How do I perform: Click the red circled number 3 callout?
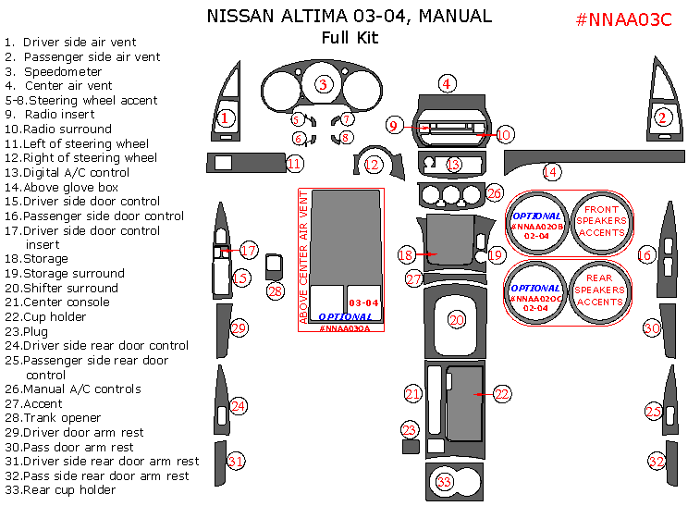[322, 84]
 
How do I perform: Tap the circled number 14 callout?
[551, 171]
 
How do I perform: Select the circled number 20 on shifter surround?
[457, 320]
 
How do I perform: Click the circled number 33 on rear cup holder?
[445, 482]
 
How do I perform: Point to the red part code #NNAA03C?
[622, 19]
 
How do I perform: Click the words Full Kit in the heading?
[350, 38]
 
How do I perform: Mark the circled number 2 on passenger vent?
[662, 117]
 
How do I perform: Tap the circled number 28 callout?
[276, 290]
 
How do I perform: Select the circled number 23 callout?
[410, 429]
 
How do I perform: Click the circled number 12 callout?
[373, 165]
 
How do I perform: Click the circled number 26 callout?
[495, 193]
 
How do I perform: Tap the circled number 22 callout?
[501, 394]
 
